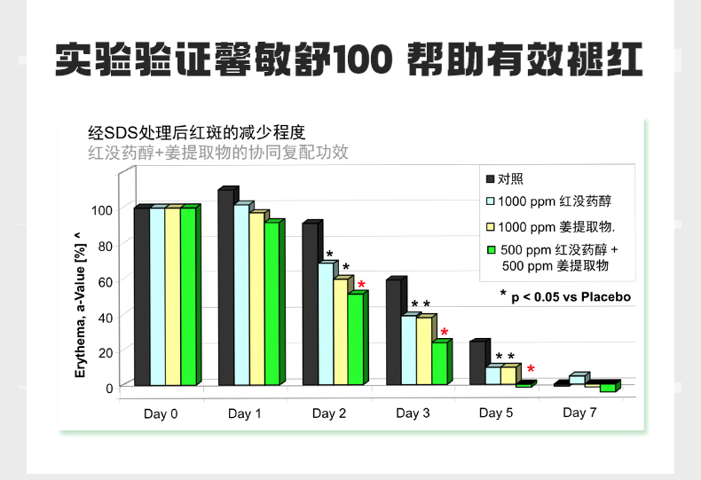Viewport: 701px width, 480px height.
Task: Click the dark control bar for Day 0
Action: coord(141,296)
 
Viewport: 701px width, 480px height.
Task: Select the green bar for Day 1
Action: coord(272,303)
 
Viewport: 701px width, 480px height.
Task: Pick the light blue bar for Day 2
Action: coord(326,323)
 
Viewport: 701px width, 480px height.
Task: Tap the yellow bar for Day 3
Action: coord(424,350)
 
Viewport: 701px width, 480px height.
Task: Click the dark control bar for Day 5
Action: coord(477,363)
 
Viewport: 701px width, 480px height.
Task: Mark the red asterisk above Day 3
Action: coord(445,334)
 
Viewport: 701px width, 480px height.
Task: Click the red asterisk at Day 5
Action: coord(531,369)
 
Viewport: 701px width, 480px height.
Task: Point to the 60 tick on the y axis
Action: coord(106,281)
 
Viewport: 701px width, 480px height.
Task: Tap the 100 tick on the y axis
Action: coord(102,210)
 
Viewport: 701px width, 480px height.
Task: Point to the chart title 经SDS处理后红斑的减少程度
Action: coord(196,133)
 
